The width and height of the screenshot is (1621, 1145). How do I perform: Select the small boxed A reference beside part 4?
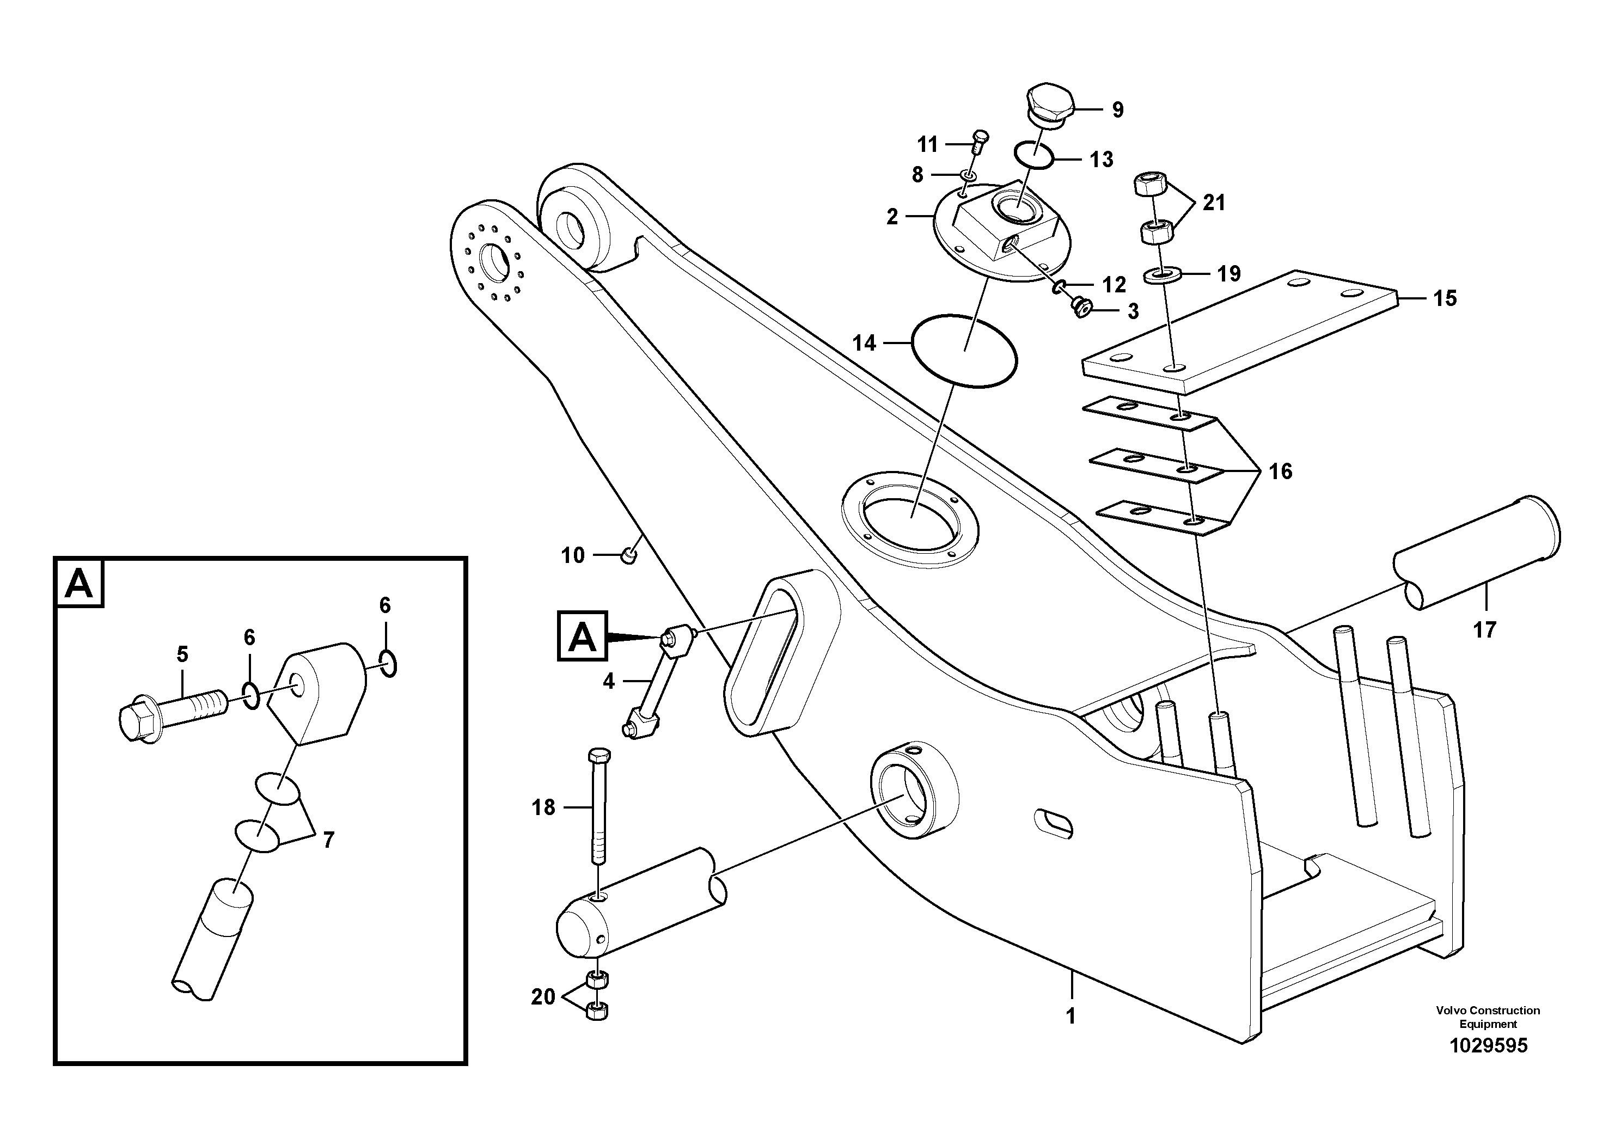(x=582, y=636)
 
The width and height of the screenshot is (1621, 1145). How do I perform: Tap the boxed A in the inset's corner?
(x=79, y=583)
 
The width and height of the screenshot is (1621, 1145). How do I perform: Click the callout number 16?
(x=1280, y=471)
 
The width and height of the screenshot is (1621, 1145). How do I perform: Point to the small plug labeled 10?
(x=628, y=556)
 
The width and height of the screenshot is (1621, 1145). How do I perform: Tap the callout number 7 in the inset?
(x=328, y=840)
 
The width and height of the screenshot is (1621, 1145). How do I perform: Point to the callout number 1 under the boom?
(x=1071, y=1017)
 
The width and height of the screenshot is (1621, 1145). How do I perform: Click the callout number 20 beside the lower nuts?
(x=543, y=997)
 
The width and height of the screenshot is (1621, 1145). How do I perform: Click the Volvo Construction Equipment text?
(x=1488, y=1017)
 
